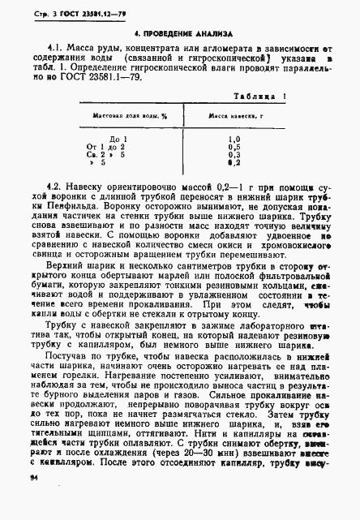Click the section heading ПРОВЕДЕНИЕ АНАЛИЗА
[x=182, y=35]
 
